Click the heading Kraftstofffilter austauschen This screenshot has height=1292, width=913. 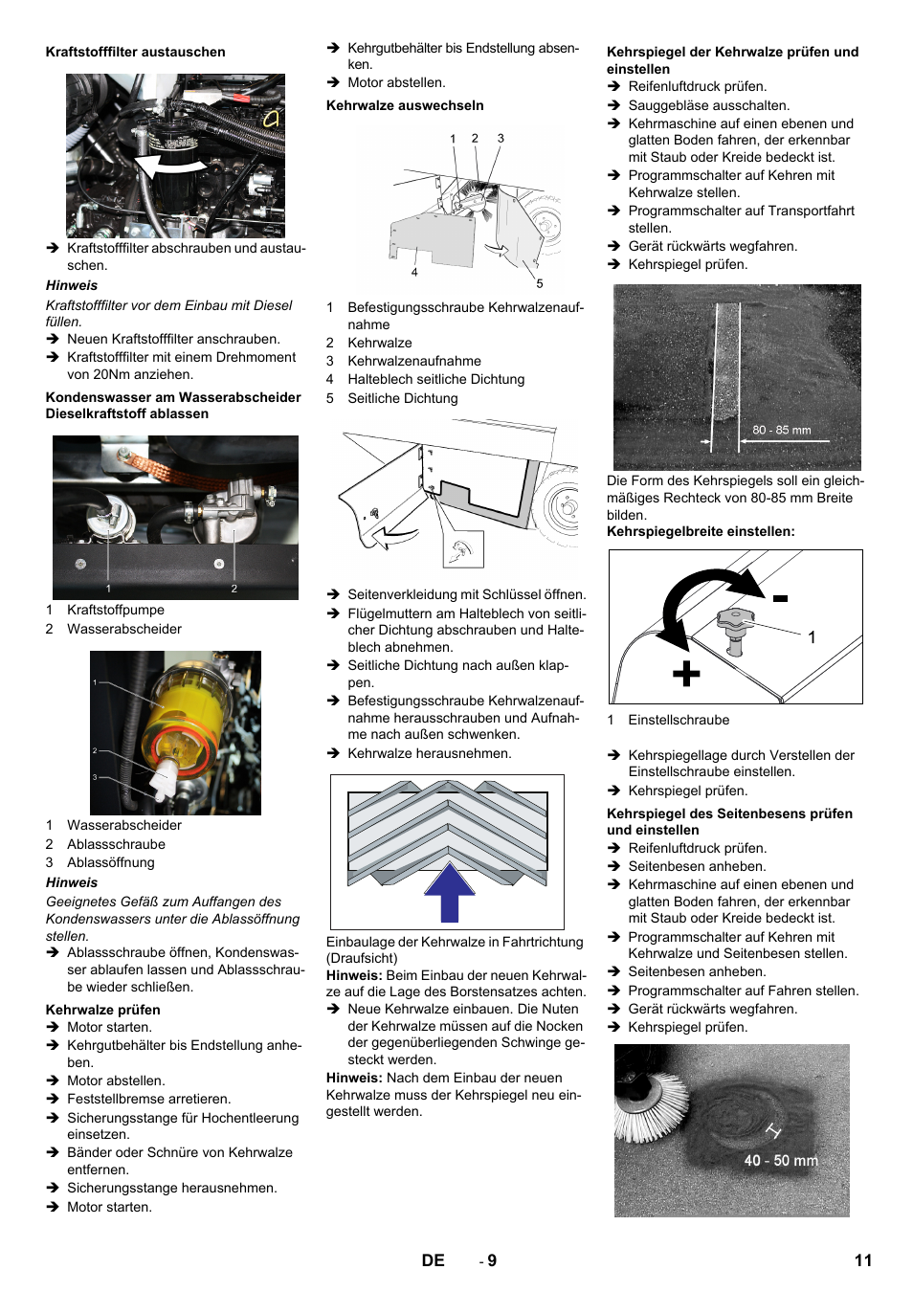click(135, 52)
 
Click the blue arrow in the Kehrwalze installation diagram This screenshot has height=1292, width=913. click(449, 892)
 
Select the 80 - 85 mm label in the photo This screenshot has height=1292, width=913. click(781, 430)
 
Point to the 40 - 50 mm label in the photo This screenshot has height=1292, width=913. click(781, 1160)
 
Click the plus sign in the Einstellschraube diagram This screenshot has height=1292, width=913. click(685, 674)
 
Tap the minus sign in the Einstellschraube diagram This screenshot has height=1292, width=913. click(780, 599)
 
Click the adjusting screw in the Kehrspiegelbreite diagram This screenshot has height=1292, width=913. click(734, 627)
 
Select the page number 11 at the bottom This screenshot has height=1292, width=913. click(862, 1260)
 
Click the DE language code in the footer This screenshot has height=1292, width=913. click(433, 1260)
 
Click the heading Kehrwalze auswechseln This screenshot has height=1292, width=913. click(404, 105)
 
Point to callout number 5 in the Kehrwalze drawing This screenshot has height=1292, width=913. click(540, 283)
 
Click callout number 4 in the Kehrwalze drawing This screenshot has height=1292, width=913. click(414, 272)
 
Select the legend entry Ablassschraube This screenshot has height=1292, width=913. click(116, 844)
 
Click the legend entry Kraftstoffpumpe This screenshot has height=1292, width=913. click(115, 610)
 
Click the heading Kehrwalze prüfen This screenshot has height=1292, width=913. click(102, 1010)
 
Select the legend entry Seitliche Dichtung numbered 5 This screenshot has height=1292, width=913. click(402, 398)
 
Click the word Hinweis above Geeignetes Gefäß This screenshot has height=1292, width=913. click(72, 882)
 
